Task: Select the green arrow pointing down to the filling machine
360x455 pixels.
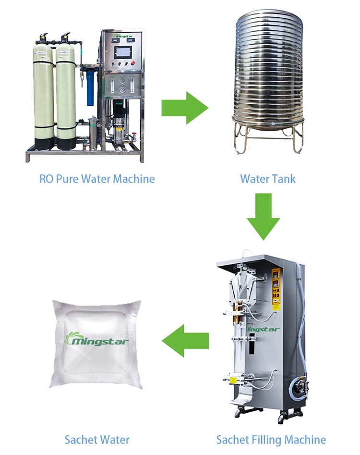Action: point(264,216)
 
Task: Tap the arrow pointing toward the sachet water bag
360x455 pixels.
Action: point(185,340)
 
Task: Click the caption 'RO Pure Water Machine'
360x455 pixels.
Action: point(97,179)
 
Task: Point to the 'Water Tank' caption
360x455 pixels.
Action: point(268,179)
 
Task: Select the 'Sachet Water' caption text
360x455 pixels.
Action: point(97,439)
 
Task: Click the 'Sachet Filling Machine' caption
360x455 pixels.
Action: point(271,439)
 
